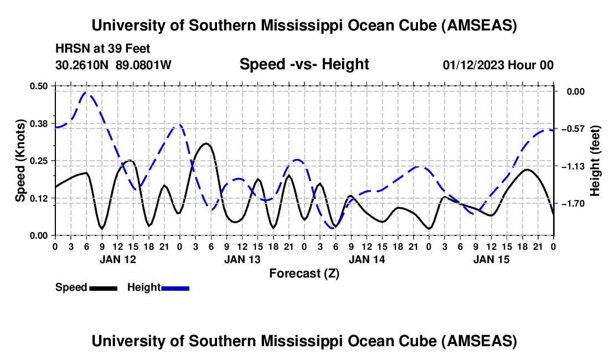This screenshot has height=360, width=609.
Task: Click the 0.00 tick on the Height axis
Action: tap(572, 91)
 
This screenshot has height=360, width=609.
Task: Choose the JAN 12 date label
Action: tap(117, 259)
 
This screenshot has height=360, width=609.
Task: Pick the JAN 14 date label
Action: tap(367, 259)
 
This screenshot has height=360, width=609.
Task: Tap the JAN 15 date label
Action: tap(492, 259)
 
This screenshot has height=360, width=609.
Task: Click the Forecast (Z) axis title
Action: tap(304, 273)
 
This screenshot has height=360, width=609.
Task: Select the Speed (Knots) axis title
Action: tap(20, 160)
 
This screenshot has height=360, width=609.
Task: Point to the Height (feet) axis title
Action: tap(595, 161)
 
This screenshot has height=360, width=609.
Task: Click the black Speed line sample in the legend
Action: tap(103, 287)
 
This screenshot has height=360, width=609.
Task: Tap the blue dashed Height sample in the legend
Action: tap(176, 287)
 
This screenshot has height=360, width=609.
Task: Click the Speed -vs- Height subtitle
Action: tap(304, 64)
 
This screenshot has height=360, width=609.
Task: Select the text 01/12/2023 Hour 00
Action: tap(498, 65)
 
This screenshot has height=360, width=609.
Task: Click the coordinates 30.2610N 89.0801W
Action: tap(113, 65)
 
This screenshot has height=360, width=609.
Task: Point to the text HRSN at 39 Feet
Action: tap(102, 49)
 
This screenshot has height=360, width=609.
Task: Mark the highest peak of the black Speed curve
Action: tap(207, 143)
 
